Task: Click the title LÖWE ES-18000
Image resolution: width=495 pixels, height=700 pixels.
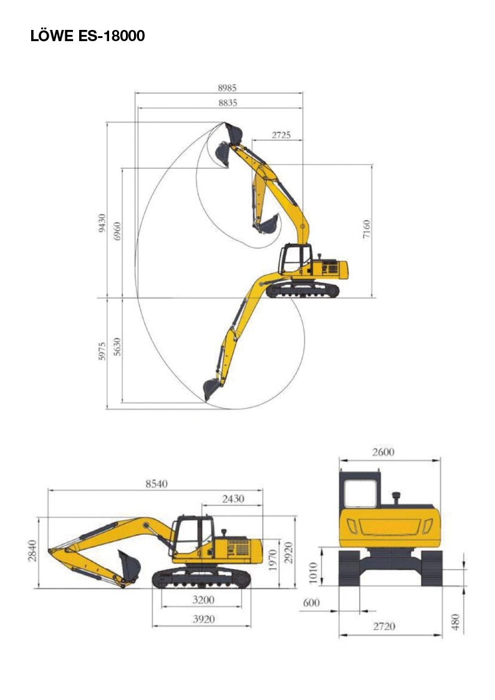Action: click(87, 36)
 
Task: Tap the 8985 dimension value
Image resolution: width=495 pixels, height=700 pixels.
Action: click(227, 87)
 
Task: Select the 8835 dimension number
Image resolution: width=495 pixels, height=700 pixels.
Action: click(228, 103)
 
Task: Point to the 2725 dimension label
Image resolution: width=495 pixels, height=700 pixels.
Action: click(281, 135)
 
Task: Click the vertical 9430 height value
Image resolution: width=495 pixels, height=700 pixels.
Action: click(102, 223)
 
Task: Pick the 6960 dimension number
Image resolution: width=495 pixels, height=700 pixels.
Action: click(117, 231)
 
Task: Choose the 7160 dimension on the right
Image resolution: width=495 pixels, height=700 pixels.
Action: click(367, 229)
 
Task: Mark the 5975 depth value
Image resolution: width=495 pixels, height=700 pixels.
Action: click(102, 352)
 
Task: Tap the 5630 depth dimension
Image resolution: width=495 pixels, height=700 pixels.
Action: click(117, 347)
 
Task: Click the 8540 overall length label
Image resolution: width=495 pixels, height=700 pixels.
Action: click(156, 484)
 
